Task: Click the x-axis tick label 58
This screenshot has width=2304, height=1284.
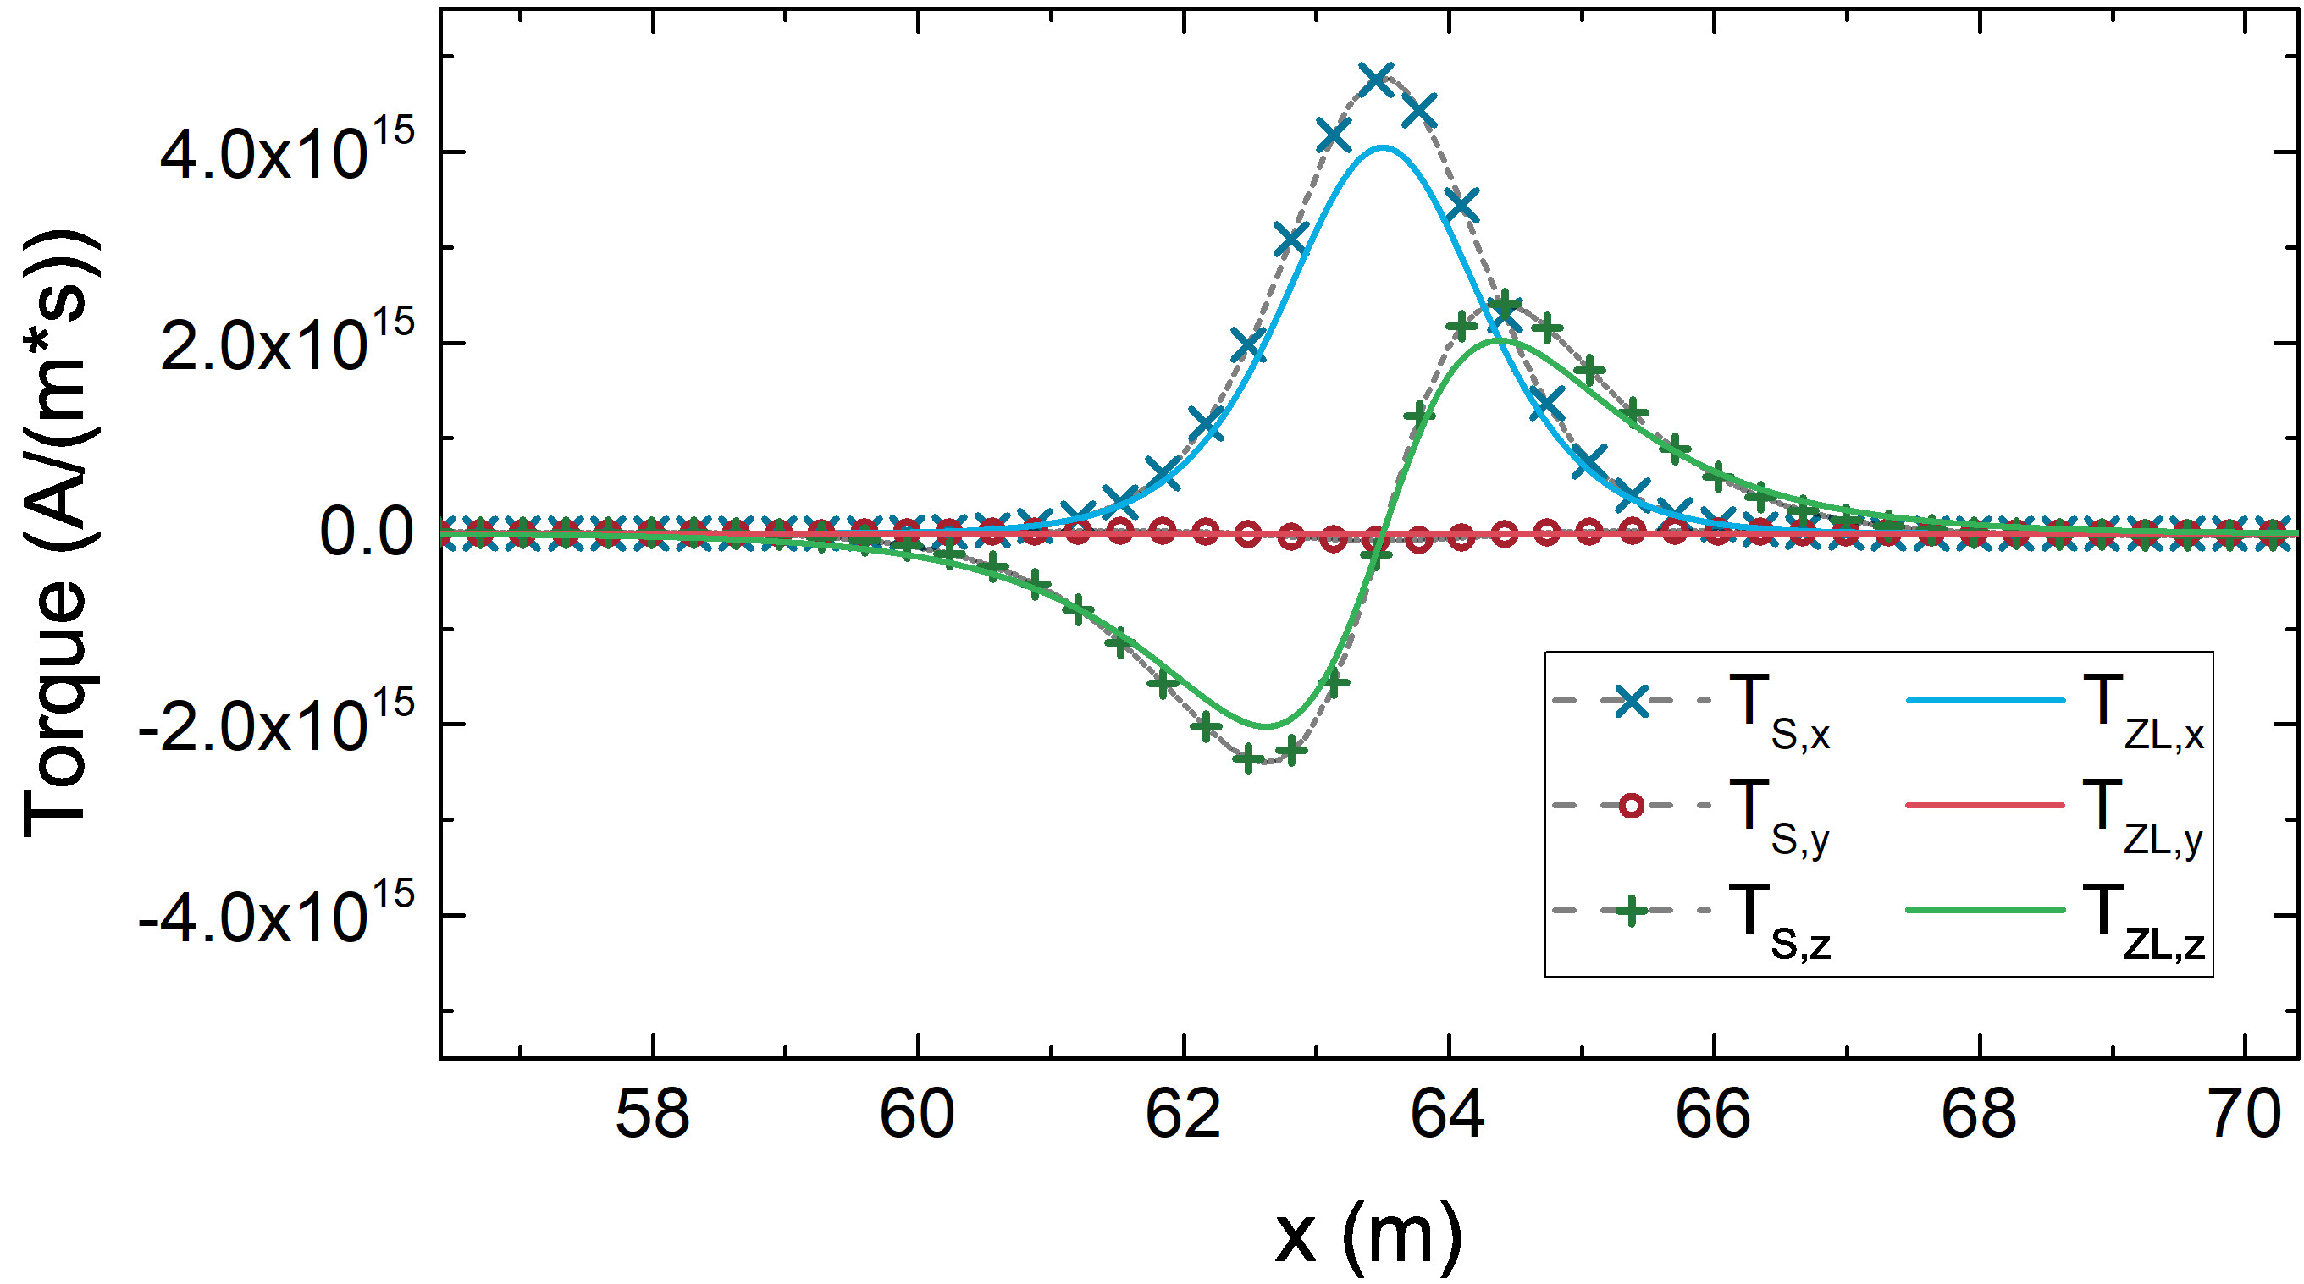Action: (x=653, y=1114)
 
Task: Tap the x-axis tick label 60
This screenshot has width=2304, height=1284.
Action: (x=918, y=1114)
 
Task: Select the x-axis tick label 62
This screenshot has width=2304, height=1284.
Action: (x=1182, y=1114)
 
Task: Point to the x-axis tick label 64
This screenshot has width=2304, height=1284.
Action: (x=1448, y=1114)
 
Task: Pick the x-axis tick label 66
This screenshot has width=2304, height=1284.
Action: (x=1713, y=1114)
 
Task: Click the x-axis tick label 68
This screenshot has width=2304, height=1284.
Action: (x=1979, y=1114)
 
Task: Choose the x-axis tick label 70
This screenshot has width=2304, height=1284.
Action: (x=2244, y=1114)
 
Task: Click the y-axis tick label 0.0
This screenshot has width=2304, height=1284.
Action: (x=367, y=533)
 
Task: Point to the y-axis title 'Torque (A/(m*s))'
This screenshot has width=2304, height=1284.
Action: (x=59, y=533)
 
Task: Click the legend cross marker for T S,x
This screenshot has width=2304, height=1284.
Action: (x=1632, y=702)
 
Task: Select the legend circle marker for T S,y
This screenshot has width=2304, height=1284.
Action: (x=1632, y=807)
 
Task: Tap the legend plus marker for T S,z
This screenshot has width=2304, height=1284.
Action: (x=1632, y=911)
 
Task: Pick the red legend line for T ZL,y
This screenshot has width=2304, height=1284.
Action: (x=1985, y=807)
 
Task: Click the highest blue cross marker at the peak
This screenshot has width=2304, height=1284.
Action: (x=1376, y=79)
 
